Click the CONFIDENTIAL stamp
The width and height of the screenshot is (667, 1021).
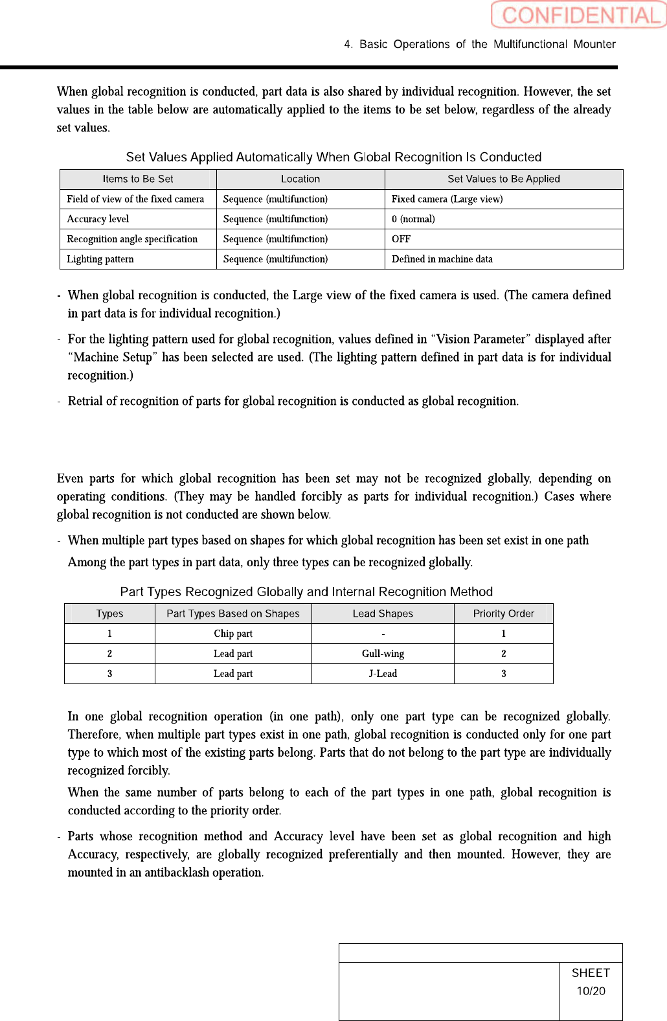(578, 15)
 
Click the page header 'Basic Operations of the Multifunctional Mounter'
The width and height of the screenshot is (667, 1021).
(480, 44)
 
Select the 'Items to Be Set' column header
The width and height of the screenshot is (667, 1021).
(138, 179)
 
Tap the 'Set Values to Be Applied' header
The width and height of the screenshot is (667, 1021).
(503, 179)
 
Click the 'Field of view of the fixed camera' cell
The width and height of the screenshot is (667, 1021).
(135, 199)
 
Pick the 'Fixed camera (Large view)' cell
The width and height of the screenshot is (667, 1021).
(447, 199)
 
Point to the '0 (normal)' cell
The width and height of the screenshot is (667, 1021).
(413, 219)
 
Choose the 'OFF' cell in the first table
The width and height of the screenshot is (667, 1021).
(401, 239)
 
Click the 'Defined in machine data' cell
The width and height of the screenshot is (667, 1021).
(442, 259)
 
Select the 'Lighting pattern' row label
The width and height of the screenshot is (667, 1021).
(100, 259)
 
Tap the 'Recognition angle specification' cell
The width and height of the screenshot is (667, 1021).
(132, 239)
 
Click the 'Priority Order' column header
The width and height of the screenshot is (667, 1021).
(503, 614)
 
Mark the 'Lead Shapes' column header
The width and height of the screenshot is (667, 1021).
(383, 614)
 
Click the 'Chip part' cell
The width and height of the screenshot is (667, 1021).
(233, 634)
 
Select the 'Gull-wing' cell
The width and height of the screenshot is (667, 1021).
(383, 654)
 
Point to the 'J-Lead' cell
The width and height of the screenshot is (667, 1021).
(383, 674)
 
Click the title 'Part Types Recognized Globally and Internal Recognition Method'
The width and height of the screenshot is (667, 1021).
(306, 591)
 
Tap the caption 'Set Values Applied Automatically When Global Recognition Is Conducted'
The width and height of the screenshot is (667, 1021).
(333, 157)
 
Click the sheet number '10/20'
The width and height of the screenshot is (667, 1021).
(591, 991)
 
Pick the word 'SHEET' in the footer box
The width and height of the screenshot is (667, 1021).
(591, 973)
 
